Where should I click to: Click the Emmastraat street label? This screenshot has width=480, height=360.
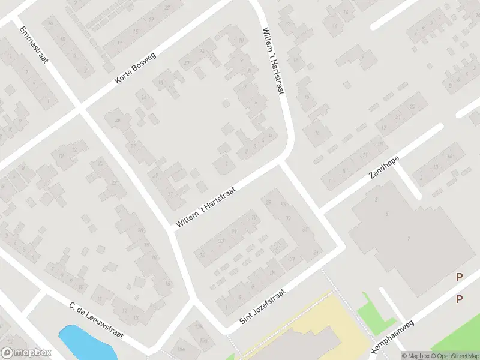point(34,44)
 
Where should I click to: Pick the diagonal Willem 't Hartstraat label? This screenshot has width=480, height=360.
point(206,207)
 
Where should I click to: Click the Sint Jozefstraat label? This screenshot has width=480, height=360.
point(262,307)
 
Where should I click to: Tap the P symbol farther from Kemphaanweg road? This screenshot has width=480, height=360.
point(460,277)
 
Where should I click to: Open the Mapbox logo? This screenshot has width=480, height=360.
point(26,353)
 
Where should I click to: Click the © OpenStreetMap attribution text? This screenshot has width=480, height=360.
point(455,356)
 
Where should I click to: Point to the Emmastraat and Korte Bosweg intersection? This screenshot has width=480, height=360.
point(80,108)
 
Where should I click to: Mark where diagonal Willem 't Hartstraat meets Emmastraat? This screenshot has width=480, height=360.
point(172,231)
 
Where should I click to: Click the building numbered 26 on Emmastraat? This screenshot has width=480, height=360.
point(118,120)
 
